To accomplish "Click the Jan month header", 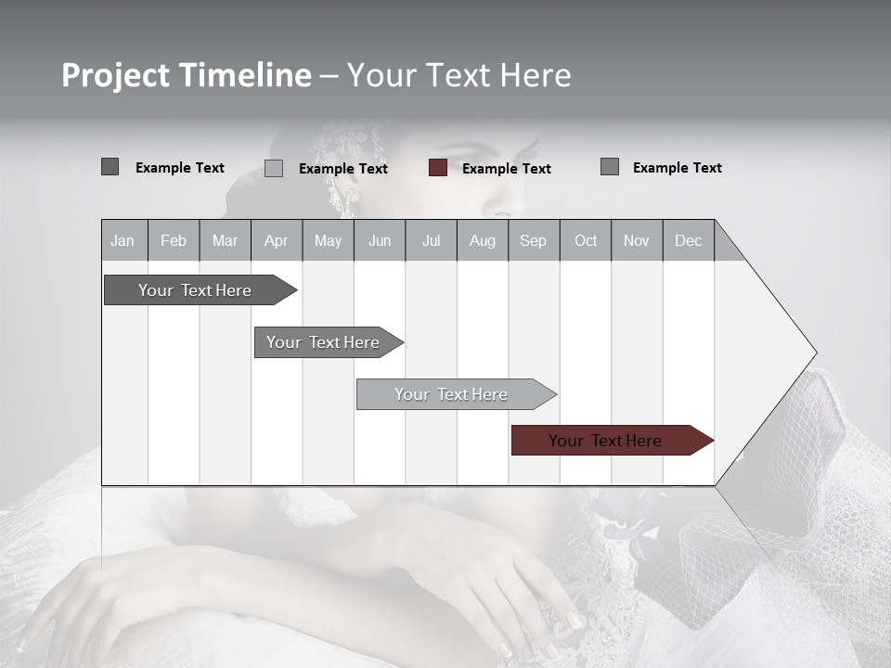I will tap(123, 241).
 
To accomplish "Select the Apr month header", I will tap(276, 241).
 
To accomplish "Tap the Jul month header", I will tap(431, 241).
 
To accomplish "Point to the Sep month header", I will tap(533, 241).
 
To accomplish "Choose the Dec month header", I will tap(688, 241).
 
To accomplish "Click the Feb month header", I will tap(174, 241).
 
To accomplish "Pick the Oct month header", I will tap(586, 241).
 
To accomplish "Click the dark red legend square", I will tap(438, 168).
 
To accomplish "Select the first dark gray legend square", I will tap(110, 167).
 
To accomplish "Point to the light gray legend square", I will tap(274, 168).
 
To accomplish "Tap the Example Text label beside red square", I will tap(506, 169).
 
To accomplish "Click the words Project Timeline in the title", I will tap(186, 75).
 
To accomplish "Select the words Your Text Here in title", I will tap(458, 75).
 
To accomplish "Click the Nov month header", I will tap(637, 241).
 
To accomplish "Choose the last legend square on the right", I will tap(610, 167).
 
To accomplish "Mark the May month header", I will tap(328, 241).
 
